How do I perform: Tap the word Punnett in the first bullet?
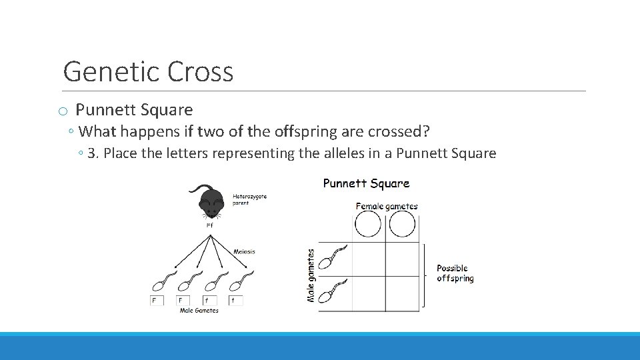click(105, 110)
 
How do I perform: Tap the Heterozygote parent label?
click(250, 199)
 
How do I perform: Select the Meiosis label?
click(244, 251)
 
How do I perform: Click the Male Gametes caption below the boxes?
click(199, 311)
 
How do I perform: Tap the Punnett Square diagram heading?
click(366, 183)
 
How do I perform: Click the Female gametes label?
click(387, 206)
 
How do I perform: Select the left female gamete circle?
click(368, 225)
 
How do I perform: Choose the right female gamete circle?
click(402, 225)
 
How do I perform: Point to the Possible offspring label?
click(455, 273)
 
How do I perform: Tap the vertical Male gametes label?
click(311, 275)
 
